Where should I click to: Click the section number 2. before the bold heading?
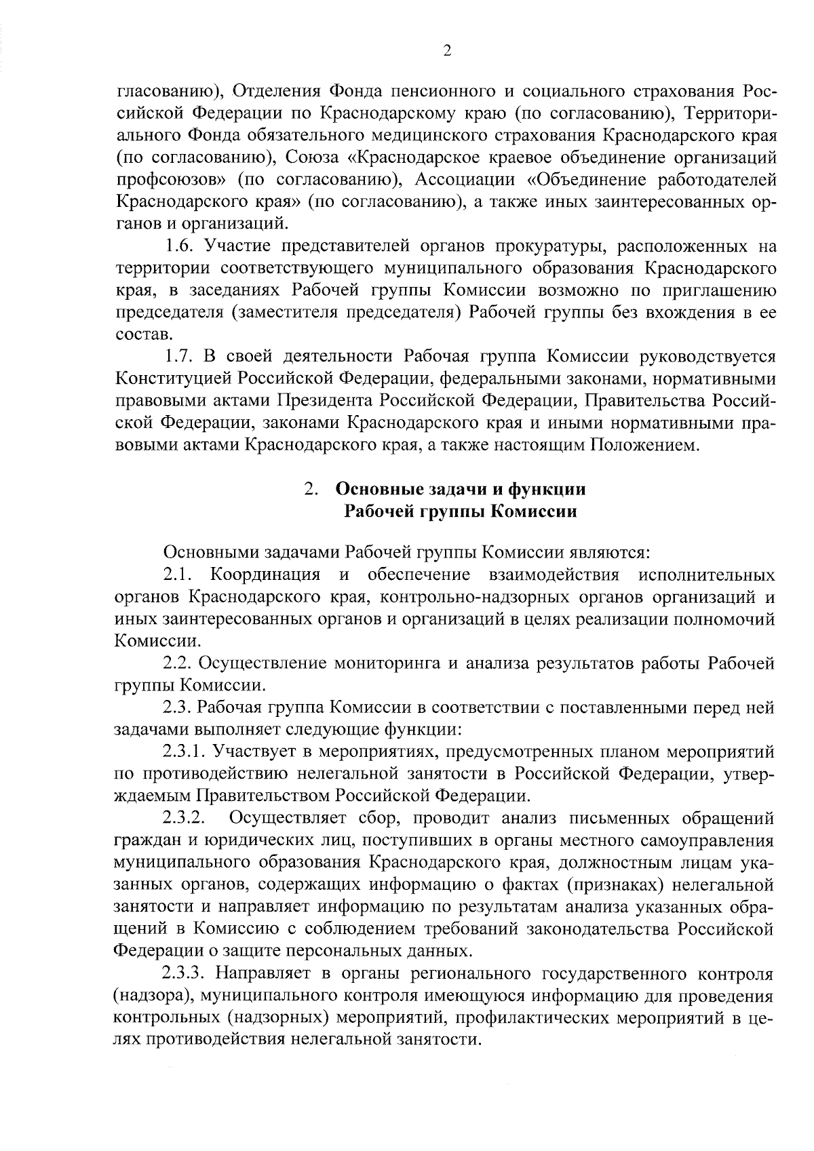point(311,489)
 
